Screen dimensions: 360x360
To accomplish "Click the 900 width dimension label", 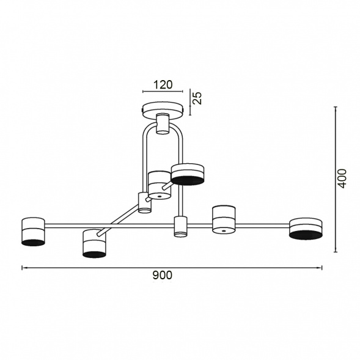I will (x=163, y=276).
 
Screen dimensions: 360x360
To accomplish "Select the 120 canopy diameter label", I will (x=162, y=84).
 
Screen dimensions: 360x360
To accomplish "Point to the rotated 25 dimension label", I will (x=197, y=98).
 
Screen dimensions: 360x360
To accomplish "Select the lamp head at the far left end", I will (x=34, y=231).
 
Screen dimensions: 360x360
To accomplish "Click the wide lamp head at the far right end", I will (x=306, y=229).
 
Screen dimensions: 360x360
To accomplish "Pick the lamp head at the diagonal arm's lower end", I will (x=95, y=243).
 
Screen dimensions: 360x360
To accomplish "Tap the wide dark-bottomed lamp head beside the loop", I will (x=188, y=174).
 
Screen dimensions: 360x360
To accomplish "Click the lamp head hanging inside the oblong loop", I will (x=160, y=185).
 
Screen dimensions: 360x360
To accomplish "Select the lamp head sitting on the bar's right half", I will (x=224, y=219).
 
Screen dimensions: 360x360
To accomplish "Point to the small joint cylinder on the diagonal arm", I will (x=145, y=202).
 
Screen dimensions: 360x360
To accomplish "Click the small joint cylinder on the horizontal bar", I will (x=180, y=226).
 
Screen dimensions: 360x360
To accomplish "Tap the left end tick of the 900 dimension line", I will (x=23, y=268).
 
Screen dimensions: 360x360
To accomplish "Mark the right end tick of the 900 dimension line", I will (x=322, y=268).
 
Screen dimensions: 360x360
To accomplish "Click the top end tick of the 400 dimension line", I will (x=336, y=106).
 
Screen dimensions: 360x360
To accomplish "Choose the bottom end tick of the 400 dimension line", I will (x=336, y=251).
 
